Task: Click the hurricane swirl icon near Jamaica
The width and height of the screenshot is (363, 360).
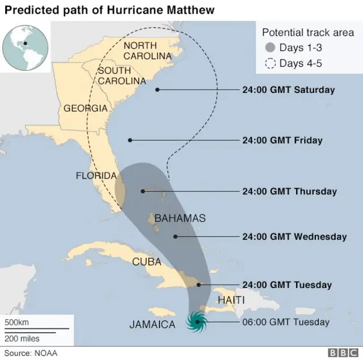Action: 196,322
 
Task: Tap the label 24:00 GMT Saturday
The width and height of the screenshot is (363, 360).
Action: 288,90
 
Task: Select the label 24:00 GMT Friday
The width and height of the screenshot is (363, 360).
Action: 282,140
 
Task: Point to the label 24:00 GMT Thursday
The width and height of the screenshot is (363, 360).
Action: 289,192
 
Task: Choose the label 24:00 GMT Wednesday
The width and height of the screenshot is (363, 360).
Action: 294,236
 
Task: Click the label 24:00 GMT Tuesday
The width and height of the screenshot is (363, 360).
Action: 287,285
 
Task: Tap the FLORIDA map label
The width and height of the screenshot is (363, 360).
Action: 96,176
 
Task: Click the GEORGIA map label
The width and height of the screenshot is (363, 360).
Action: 85,108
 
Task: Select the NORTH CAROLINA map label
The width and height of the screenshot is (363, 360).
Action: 147,50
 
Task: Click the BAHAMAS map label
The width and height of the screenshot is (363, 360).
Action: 180,218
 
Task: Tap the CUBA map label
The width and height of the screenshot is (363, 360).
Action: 147,261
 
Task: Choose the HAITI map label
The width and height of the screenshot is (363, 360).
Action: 231,299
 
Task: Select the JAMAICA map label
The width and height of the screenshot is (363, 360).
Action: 152,325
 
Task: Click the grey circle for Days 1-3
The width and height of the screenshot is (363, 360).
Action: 271,48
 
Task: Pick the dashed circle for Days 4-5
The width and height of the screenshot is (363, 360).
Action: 271,63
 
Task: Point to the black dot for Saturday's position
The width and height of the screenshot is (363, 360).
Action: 157,90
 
